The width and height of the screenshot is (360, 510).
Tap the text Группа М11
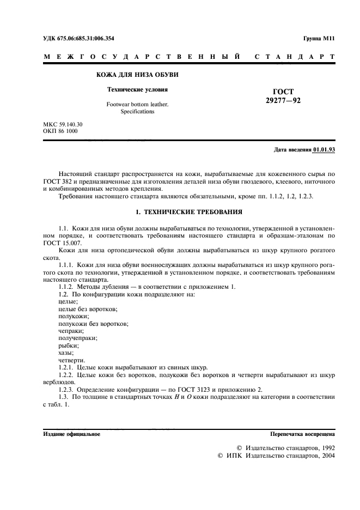pos(319,38)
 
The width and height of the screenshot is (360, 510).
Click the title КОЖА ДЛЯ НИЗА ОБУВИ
pos(137,75)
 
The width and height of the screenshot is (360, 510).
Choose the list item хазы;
pos(66,353)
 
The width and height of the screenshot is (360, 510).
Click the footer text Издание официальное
pos(71,434)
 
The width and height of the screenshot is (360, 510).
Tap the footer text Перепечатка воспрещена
pos(302,434)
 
